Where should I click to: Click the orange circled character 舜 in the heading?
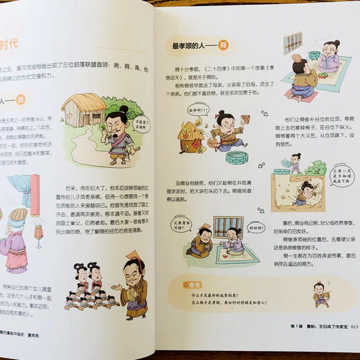pyautogui.click(x=223, y=46)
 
